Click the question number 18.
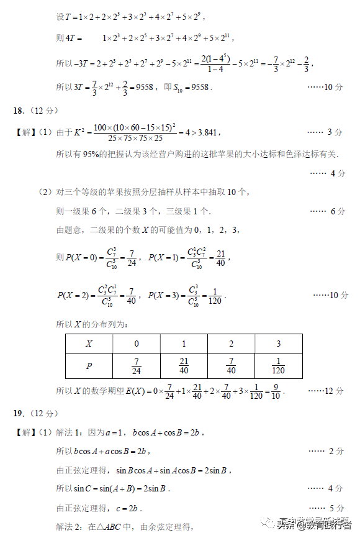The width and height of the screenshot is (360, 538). pyautogui.click(x=19, y=111)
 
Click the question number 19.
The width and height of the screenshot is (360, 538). pyautogui.click(x=19, y=413)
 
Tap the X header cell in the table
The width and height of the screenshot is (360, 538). pyautogui.click(x=89, y=344)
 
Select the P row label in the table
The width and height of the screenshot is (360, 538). pyautogui.click(x=89, y=366)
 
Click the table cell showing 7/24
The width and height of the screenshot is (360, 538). pyautogui.click(x=137, y=366)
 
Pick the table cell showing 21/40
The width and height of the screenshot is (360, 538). pyautogui.click(x=184, y=366)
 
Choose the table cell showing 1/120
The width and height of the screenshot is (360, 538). pyautogui.click(x=278, y=366)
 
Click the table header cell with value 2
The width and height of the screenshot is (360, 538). pyautogui.click(x=231, y=344)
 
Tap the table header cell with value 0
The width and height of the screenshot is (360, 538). pyautogui.click(x=137, y=344)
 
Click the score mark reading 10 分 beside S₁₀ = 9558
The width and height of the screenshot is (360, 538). pyautogui.click(x=334, y=88)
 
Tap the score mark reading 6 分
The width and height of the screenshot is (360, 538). pyautogui.click(x=337, y=211)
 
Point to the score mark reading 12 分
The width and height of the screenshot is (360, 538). pyautogui.click(x=334, y=391)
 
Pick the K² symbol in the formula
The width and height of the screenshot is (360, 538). pyautogui.click(x=79, y=132)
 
